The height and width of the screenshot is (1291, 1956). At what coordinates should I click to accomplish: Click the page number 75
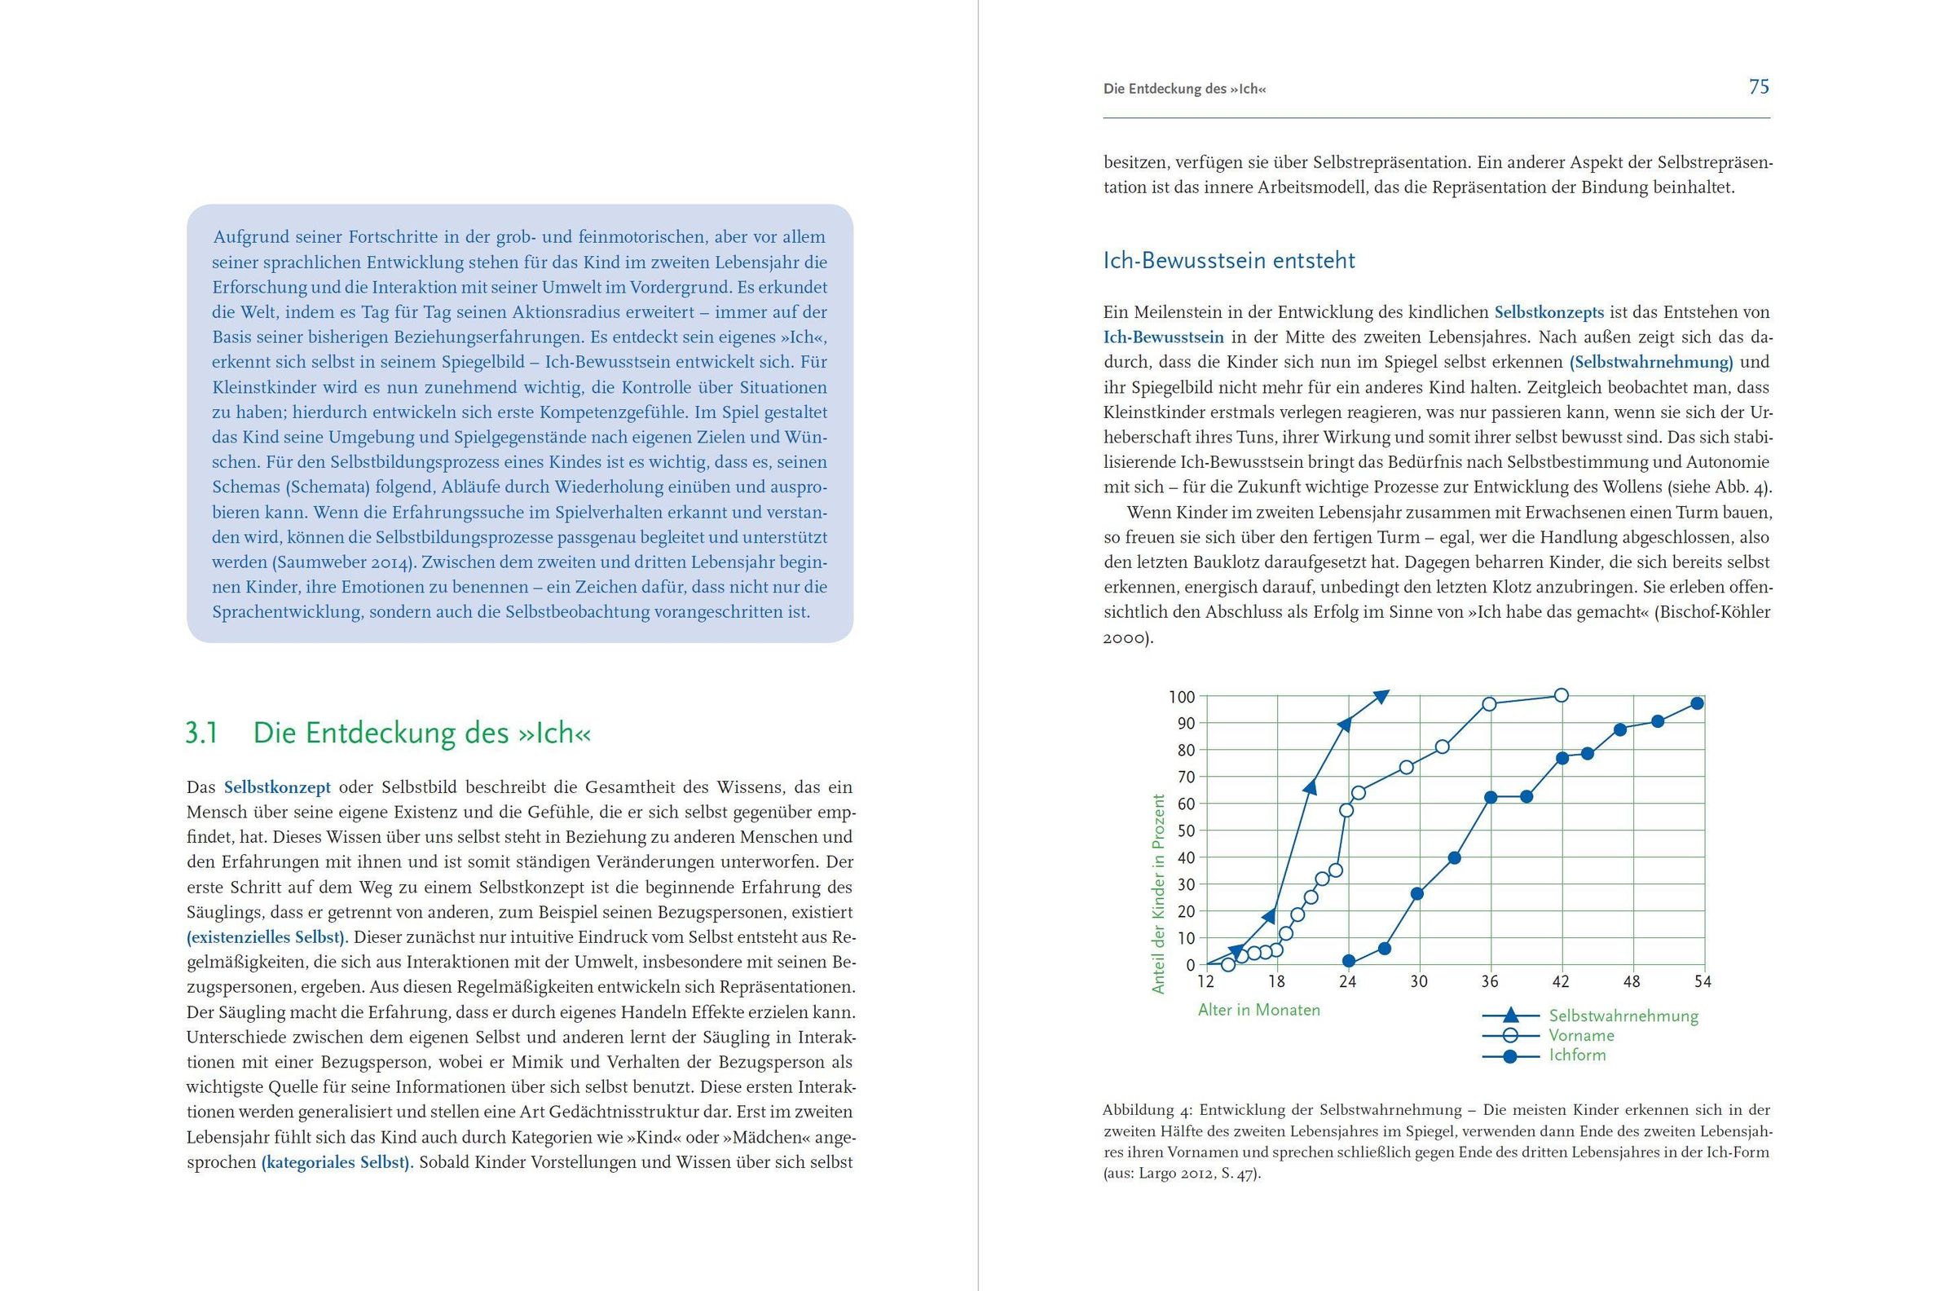pos(1759,87)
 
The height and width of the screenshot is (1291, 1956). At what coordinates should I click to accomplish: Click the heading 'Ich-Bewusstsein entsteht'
pos(1228,261)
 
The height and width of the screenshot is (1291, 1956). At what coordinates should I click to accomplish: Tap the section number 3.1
pos(201,733)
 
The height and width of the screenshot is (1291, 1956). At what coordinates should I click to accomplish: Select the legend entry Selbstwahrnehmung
pos(1623,1016)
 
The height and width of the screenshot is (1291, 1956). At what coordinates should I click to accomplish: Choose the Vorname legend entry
pos(1580,1036)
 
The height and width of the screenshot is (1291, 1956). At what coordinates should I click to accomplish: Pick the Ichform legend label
pos(1576,1055)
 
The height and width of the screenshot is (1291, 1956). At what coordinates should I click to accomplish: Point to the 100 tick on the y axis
pos(1181,698)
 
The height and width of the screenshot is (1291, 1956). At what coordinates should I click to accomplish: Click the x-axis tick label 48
pos(1632,981)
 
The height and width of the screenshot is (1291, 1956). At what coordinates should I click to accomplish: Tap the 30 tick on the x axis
pos(1418,981)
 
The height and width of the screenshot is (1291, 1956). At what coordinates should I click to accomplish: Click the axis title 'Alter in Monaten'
pos(1258,1011)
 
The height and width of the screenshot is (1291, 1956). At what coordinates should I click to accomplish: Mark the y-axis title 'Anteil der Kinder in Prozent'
pos(1159,893)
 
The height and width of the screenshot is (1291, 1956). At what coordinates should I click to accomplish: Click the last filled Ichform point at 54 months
pos(1697,703)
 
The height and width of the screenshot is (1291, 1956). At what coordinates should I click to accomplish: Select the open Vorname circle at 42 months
pos(1561,695)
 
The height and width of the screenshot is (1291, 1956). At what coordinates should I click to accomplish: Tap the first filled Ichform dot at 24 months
pos(1349,961)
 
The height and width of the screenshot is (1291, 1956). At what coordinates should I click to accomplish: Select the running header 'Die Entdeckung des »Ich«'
pos(1184,89)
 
